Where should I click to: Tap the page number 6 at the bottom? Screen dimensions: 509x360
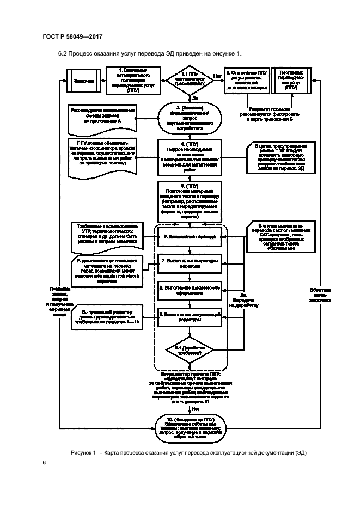coord(44,463)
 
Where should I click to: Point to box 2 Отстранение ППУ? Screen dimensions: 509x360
coord(246,80)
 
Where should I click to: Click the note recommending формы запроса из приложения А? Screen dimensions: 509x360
coord(103,119)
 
